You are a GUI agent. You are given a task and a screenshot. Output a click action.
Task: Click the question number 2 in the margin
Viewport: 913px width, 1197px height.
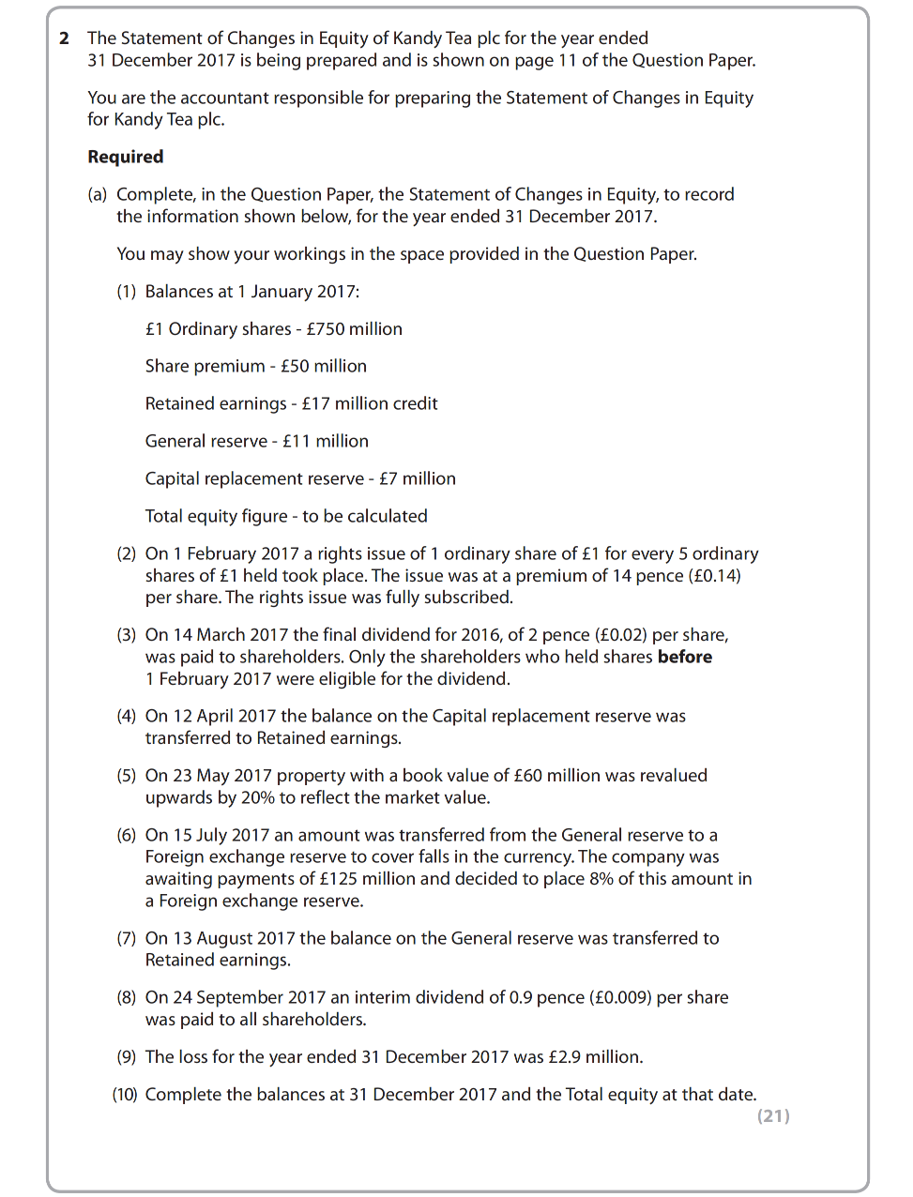[64, 38]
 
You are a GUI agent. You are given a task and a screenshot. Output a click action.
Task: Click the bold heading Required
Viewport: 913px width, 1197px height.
[126, 157]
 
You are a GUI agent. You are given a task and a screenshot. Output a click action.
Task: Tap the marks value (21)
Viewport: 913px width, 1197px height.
[773, 1115]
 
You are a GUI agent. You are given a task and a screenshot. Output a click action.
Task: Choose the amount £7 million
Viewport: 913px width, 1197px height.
[417, 478]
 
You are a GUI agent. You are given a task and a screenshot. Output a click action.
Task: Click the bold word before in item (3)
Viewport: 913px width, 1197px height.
[684, 657]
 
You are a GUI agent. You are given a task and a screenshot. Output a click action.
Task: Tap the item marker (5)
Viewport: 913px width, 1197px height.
[127, 776]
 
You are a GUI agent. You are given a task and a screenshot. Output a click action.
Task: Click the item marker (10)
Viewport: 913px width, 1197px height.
[125, 1095]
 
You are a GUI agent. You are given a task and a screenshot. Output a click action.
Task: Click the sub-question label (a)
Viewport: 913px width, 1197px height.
[98, 194]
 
